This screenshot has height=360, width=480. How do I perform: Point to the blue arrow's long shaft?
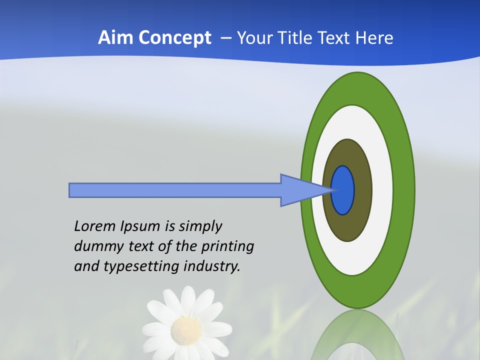coord(175,190)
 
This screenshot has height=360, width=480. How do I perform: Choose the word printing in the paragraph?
coord(227,246)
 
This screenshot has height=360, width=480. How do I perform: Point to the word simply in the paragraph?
coord(200,226)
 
